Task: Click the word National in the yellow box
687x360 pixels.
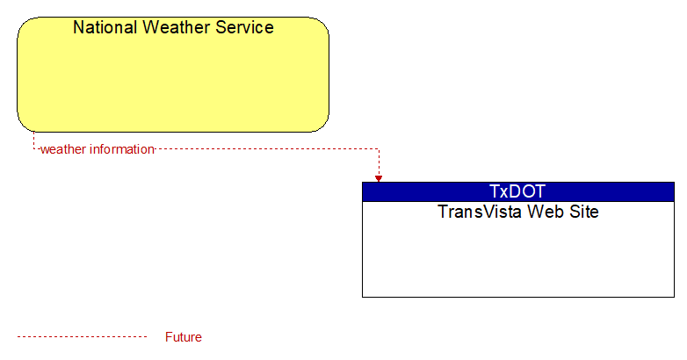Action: point(105,27)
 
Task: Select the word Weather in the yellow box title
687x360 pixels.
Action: point(177,27)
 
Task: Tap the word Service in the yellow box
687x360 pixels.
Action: point(244,27)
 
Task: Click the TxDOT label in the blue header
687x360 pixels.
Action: point(517,191)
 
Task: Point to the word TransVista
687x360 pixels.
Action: point(480,212)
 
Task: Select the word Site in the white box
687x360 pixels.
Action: point(584,212)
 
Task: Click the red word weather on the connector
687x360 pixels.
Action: point(63,149)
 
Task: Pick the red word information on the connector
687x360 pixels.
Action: point(122,149)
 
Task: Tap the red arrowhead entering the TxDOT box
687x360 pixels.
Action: point(379,179)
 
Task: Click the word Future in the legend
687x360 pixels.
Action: point(183,337)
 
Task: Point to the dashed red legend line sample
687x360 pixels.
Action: point(82,337)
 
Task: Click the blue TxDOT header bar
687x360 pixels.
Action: point(518,191)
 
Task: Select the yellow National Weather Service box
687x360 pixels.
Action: point(173,75)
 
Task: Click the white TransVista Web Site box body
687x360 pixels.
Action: point(518,249)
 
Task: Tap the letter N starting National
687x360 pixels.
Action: point(79,27)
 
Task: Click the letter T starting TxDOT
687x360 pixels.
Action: point(495,191)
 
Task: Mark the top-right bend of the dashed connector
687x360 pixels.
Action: point(379,149)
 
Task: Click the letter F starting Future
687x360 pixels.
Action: point(169,337)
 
